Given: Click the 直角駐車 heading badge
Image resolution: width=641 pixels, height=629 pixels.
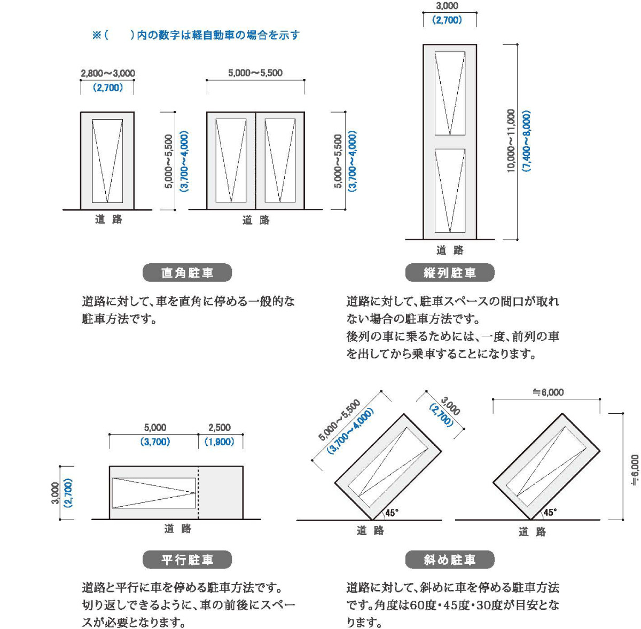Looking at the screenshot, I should pos(187,273).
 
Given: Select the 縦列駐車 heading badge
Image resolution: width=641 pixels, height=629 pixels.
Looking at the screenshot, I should pos(450,273).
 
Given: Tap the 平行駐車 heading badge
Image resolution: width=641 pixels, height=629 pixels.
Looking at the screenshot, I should pos(187,560).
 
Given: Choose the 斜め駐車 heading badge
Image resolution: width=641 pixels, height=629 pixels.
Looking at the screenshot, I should pos(450,560).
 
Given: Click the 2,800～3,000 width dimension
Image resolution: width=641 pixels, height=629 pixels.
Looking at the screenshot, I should pos(108,73).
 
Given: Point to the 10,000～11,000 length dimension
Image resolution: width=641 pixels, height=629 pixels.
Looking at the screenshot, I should pos(511,141).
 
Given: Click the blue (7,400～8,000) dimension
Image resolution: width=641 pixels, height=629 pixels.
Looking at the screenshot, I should pos(527,141).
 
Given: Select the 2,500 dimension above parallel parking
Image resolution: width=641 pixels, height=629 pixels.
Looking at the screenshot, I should pos(220,427).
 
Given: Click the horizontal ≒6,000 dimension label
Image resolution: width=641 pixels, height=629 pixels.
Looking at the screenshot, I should pos(548,392).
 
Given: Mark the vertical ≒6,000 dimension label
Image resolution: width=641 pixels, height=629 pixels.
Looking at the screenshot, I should pos(635,470).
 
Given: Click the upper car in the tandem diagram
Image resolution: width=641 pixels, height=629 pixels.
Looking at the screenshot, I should pos(450,93).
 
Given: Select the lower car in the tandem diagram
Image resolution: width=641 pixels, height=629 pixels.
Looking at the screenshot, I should pos(450,191).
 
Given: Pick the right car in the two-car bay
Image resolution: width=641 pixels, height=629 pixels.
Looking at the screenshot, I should pos(280,160).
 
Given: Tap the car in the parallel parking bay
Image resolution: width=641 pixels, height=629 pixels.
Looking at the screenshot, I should pos(154,493).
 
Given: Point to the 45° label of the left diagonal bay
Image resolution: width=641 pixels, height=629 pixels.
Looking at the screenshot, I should pos(392,513).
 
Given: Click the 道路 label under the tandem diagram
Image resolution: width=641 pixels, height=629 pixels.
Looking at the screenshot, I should pos(450,250).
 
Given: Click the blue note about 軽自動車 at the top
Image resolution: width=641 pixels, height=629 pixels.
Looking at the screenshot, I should pos(196,35).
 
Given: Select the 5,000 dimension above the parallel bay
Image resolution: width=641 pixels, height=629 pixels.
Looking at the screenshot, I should pos(155,427).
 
